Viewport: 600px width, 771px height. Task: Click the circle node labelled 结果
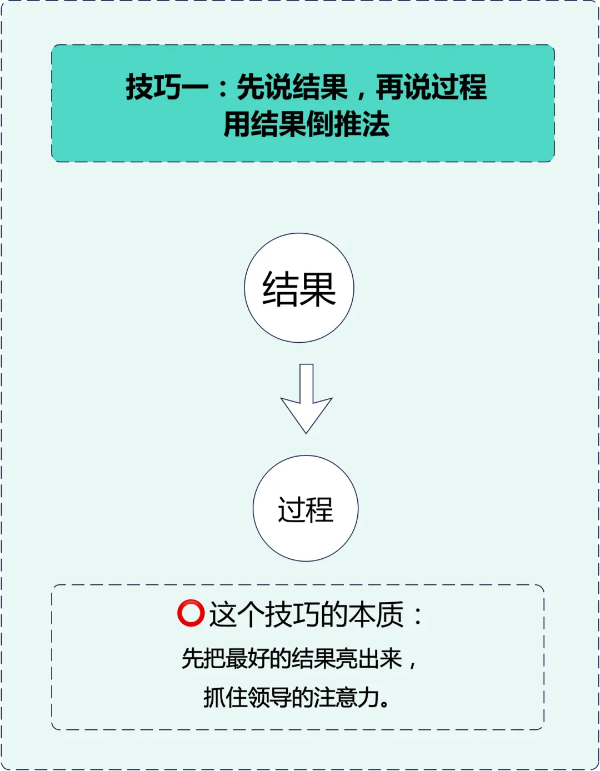[299, 288]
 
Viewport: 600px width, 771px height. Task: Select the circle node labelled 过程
[306, 508]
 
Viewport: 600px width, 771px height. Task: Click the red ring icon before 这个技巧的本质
[191, 614]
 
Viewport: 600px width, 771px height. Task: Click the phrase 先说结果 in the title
[292, 87]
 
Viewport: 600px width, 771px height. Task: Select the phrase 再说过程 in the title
[431, 87]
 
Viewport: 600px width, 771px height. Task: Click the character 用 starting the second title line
[237, 124]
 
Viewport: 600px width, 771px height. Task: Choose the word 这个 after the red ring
[236, 614]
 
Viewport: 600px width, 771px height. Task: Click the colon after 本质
[417, 615]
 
